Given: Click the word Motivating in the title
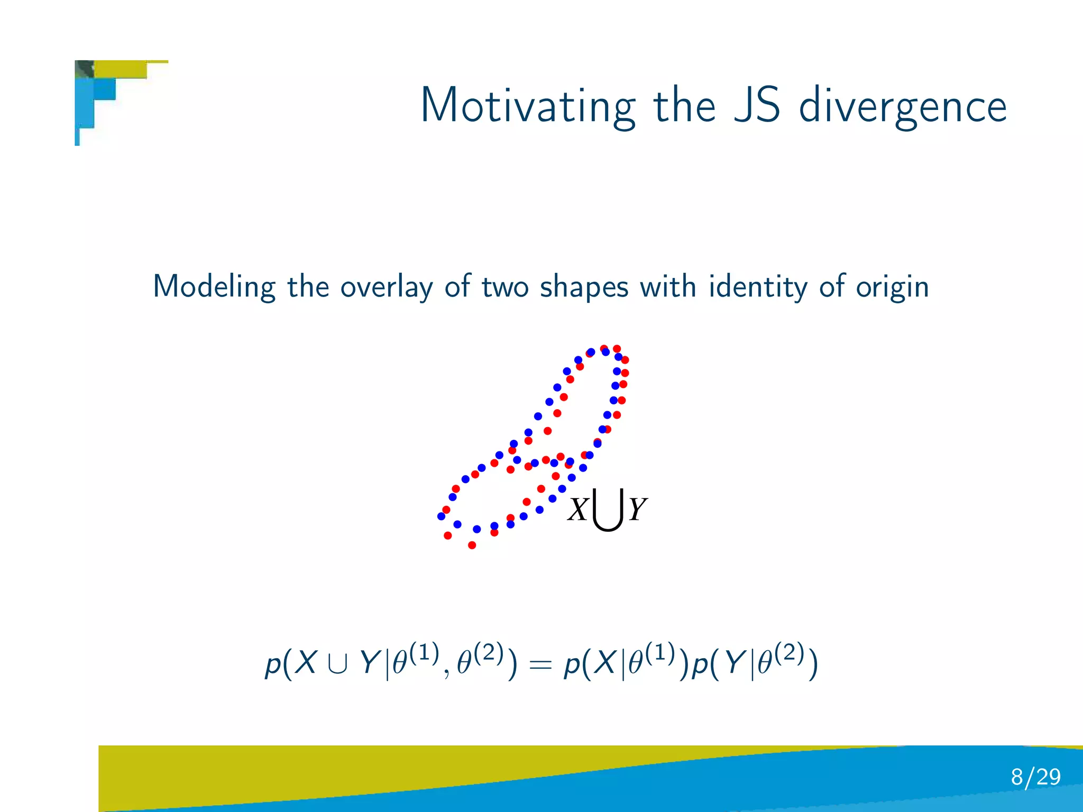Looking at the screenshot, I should (527, 106).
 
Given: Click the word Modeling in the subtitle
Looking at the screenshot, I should (214, 287).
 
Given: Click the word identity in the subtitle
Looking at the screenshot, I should (758, 287).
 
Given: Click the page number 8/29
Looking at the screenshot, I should (1035, 777).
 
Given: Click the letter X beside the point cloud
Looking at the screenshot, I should (577, 510).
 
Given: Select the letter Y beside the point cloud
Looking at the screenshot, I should (637, 510).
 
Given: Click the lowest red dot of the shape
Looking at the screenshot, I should (472, 545).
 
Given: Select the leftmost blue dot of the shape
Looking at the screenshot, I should (441, 516).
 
